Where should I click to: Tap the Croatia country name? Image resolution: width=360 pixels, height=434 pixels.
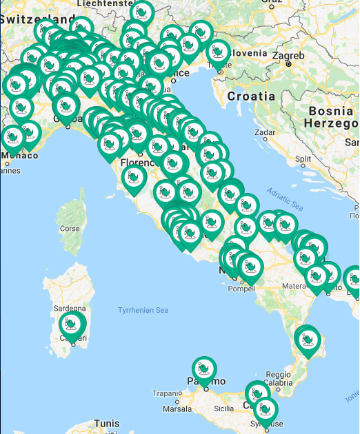coord(251,96)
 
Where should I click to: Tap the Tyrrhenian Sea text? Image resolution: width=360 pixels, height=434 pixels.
coord(143,310)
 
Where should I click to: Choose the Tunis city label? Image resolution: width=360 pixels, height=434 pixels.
coord(107,423)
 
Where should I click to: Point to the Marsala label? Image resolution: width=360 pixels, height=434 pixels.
coord(177,409)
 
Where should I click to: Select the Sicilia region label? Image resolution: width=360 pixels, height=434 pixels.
coord(223,408)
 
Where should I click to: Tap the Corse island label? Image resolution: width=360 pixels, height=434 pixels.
coord(70,228)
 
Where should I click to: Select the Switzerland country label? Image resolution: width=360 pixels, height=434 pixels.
coord(38,19)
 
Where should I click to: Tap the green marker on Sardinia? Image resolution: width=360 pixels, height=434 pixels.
coord(71,324)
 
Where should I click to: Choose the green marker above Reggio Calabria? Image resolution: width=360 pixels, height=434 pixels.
coord(307,340)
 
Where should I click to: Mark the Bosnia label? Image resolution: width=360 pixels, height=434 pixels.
coord(331,110)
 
